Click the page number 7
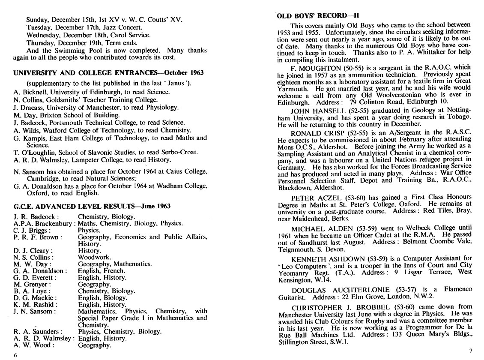click(471, 351)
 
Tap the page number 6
click(15, 355)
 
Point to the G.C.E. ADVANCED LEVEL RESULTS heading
click(92, 206)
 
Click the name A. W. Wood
click(33, 345)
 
